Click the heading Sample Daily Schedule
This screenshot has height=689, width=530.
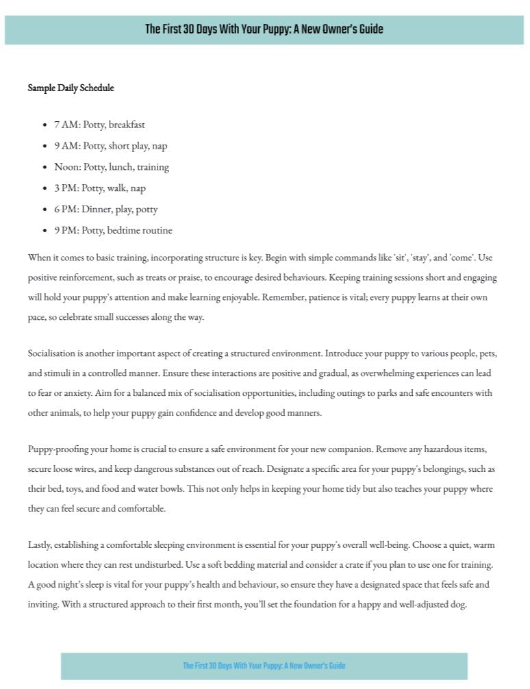pyautogui.click(x=71, y=88)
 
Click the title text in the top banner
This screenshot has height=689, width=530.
pyautogui.click(x=264, y=29)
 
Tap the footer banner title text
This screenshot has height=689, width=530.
pyautogui.click(x=264, y=666)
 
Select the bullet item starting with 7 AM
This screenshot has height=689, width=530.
pyautogui.click(x=99, y=125)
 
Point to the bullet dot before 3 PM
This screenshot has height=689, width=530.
pyautogui.click(x=44, y=188)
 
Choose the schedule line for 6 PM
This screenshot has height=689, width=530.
pyautogui.click(x=105, y=210)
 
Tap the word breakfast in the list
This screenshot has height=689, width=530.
pyautogui.click(x=127, y=125)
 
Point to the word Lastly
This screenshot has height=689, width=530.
pyautogui.click(x=40, y=546)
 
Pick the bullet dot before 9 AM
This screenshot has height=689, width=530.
pyautogui.click(x=44, y=146)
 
